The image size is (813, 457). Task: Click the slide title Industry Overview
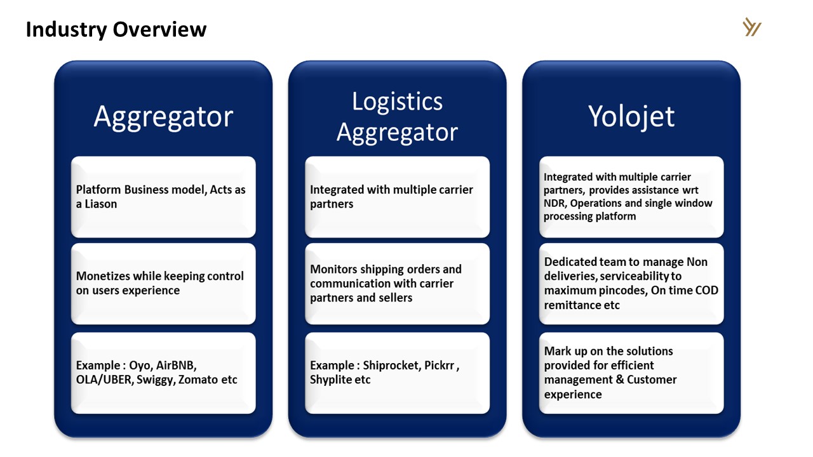116,29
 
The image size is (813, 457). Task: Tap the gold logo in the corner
752,27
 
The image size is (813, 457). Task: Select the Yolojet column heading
631,117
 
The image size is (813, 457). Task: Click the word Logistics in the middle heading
397,102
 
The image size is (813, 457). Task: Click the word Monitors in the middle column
334,269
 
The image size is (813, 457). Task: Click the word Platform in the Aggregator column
98,190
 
